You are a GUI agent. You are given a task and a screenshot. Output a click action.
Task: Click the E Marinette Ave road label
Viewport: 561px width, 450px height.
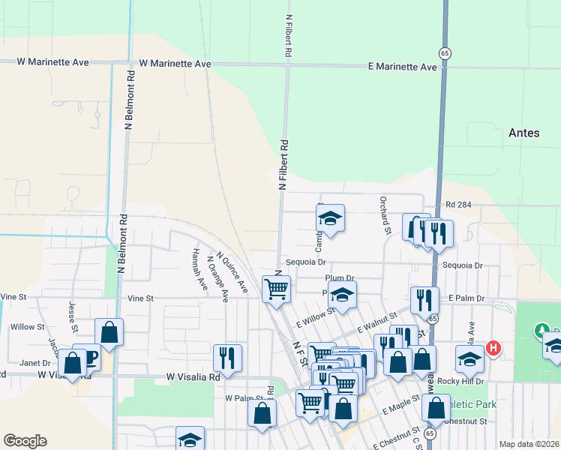(x=403, y=67)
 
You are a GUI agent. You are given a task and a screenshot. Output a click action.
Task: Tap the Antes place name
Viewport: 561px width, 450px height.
(x=523, y=133)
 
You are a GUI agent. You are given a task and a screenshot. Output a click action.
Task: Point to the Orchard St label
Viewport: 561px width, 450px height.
(x=384, y=214)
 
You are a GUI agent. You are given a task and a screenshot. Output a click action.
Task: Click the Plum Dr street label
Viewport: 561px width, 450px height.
(x=339, y=277)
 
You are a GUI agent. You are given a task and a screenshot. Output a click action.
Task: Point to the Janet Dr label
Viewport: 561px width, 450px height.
(x=34, y=361)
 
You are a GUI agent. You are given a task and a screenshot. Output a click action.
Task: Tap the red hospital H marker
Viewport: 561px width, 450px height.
(x=493, y=348)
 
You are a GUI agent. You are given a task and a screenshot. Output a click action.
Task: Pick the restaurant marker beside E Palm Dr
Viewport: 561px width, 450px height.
(x=424, y=300)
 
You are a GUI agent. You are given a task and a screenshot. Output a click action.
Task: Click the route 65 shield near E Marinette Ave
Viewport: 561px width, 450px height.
(x=445, y=52)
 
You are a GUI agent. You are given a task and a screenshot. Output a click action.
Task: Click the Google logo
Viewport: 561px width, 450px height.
(x=25, y=441)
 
